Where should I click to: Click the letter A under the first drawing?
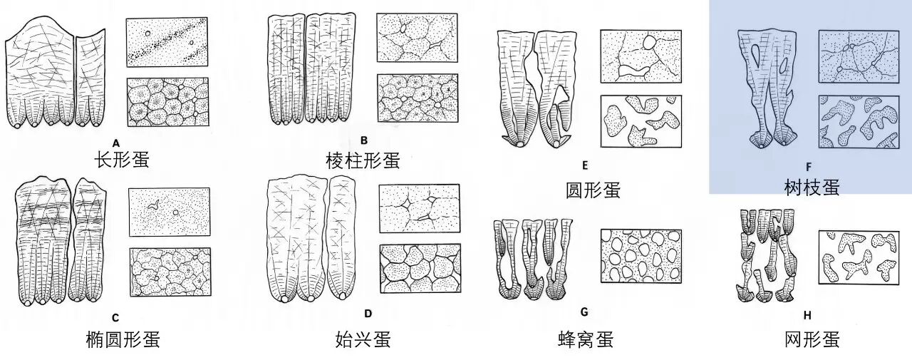click(116, 143)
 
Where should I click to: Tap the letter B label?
click(364, 140)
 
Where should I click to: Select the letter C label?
click(115, 317)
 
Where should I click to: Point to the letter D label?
click(368, 313)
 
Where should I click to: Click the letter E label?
click(585, 165)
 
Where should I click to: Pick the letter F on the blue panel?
click(808, 167)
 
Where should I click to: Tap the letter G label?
click(584, 312)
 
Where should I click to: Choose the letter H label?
click(807, 315)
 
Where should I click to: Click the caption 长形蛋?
click(122, 159)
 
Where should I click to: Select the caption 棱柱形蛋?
click(363, 160)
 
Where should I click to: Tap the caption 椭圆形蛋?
click(123, 339)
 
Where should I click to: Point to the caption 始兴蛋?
click(363, 339)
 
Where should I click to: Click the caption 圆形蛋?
click(593, 190)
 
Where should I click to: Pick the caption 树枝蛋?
click(812, 187)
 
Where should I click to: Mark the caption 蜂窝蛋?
click(586, 339)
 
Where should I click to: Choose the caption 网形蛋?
click(812, 339)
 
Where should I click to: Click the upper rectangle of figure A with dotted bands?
click(167, 42)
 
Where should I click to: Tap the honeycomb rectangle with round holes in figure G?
click(641, 256)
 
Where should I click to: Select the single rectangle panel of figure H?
click(859, 257)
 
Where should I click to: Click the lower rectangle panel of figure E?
click(641, 121)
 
